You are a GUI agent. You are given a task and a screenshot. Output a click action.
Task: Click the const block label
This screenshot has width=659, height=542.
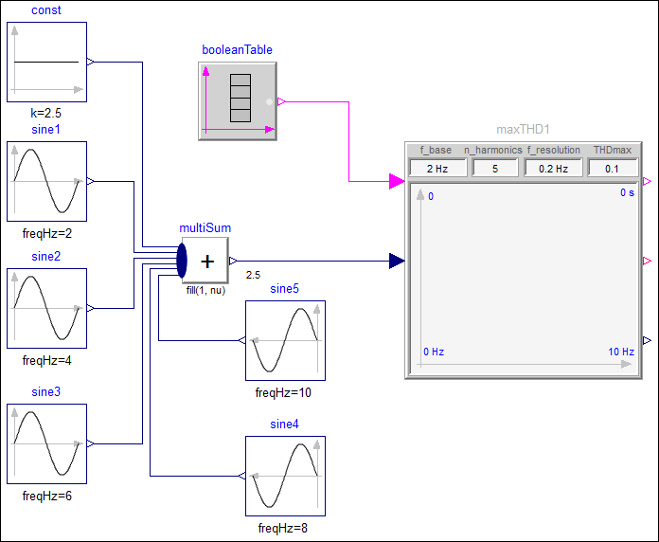[46, 10]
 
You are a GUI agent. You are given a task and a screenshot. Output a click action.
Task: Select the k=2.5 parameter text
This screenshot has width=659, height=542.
[45, 113]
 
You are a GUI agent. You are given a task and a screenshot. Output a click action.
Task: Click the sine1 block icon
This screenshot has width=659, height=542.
[46, 181]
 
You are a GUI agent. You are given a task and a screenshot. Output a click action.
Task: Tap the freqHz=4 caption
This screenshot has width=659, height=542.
[46, 360]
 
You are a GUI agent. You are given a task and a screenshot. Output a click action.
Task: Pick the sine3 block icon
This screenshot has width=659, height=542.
[46, 443]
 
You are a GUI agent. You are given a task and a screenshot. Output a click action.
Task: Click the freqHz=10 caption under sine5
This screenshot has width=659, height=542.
[283, 392]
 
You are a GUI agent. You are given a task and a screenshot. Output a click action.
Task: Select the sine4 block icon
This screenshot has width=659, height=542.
[285, 476]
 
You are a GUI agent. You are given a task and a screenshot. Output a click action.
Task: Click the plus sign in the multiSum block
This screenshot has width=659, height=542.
[207, 262]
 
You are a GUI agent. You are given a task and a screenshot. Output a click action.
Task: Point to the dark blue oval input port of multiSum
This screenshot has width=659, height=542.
[182, 261]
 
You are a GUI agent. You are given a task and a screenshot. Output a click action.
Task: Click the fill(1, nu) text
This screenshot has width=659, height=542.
[206, 290]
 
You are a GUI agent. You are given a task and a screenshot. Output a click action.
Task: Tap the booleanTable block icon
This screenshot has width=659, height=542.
[238, 101]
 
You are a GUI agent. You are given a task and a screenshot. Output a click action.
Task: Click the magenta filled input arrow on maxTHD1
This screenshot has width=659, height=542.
[397, 181]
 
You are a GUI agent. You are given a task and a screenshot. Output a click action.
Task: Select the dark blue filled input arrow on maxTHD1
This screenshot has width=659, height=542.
[397, 261]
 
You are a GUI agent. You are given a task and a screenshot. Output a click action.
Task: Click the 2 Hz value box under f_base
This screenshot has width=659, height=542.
[438, 169]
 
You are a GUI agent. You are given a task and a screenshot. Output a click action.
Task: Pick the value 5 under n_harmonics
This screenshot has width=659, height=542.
[495, 169]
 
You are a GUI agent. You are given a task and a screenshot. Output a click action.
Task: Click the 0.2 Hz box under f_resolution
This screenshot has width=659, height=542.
[554, 169]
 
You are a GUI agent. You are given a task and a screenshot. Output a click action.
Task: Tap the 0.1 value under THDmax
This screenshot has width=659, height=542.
[612, 169]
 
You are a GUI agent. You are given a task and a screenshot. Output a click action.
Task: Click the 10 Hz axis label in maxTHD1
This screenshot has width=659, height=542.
[621, 352]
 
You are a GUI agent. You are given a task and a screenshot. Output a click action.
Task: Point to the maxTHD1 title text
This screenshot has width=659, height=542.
[524, 129]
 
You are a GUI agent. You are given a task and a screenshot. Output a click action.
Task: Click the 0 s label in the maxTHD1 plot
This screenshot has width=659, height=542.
[627, 192]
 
